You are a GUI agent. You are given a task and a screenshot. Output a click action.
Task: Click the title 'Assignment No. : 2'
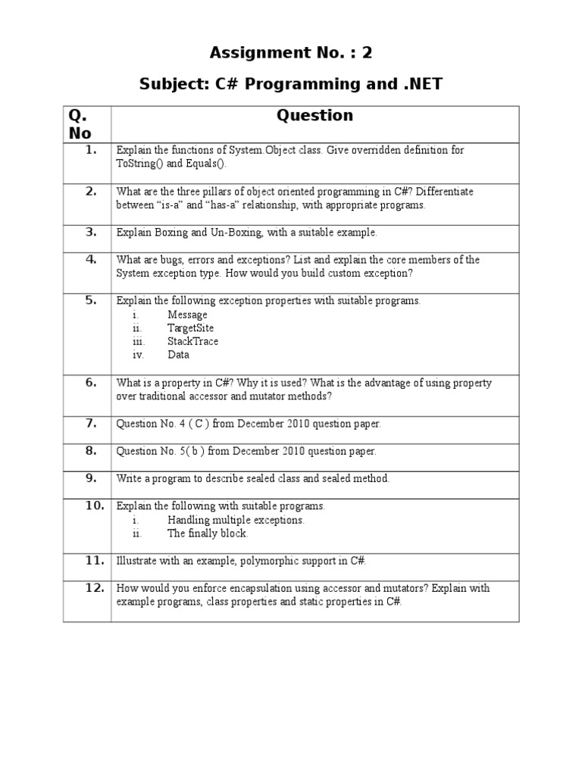(291, 52)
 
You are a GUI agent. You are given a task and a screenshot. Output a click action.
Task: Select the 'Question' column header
(314, 115)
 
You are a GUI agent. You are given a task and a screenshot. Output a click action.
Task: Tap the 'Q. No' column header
(80, 124)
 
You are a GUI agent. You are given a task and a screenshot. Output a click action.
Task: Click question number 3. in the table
(91, 232)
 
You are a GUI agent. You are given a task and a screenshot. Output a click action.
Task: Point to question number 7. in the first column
(91, 423)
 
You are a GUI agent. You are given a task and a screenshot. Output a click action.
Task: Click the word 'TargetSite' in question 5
(190, 328)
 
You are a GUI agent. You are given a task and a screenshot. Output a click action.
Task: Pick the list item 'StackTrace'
(192, 341)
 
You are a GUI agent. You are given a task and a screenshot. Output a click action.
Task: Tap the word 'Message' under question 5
(187, 314)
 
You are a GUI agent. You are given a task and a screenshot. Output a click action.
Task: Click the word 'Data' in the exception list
(178, 355)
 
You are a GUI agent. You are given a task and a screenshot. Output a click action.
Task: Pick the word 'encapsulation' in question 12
(247, 588)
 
